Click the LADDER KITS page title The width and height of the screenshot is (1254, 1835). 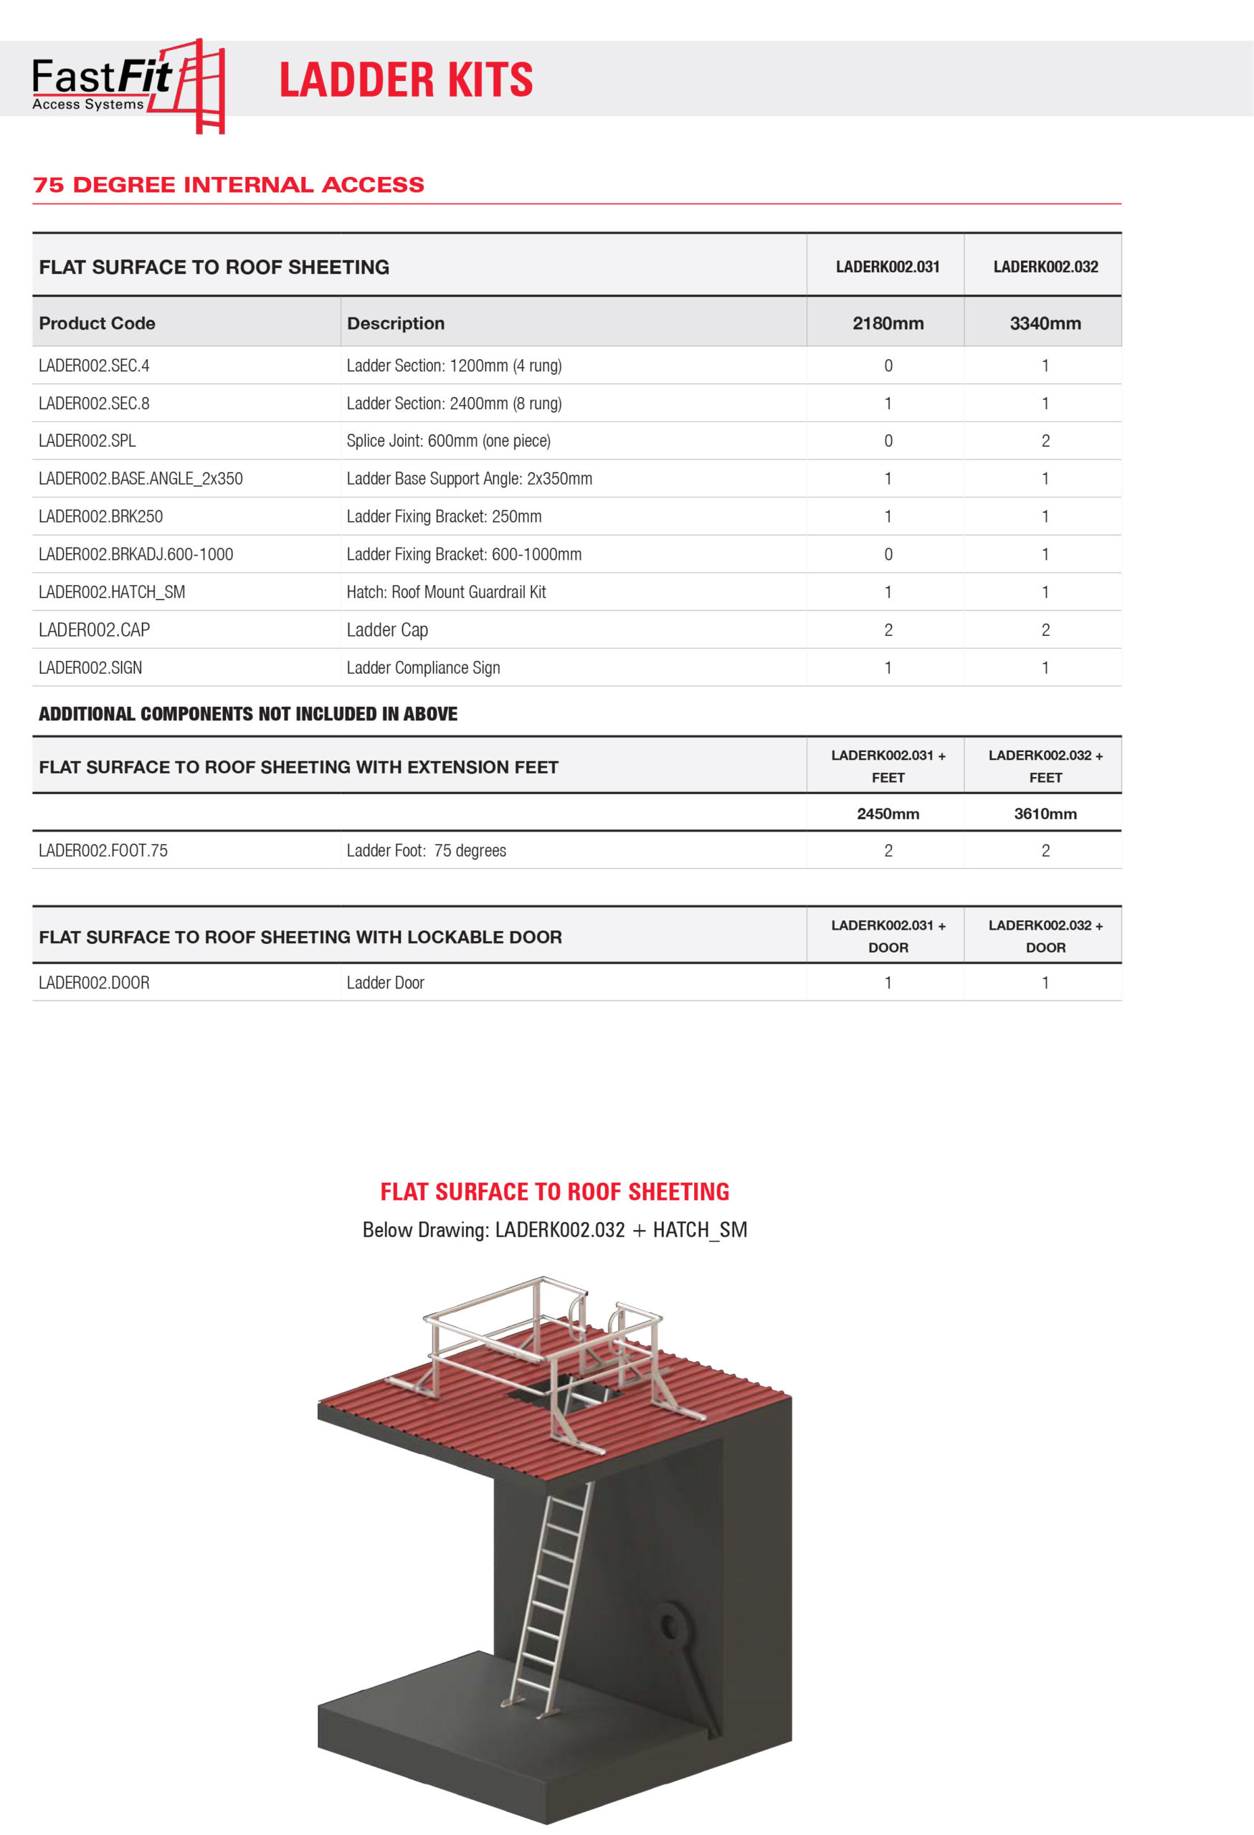tap(406, 80)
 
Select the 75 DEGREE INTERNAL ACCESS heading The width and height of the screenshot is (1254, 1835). tap(228, 185)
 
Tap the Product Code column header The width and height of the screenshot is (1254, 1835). tap(97, 323)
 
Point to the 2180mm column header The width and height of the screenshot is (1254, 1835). tap(888, 323)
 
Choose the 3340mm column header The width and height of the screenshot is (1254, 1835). tap(1045, 323)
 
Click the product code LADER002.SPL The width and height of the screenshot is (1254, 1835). tap(87, 441)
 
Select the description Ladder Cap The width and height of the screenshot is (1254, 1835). tap(387, 630)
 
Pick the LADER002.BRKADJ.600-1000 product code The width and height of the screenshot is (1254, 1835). tap(136, 554)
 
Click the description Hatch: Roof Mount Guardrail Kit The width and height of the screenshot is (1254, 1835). tap(446, 592)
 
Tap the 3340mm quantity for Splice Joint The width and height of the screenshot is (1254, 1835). tap(1045, 441)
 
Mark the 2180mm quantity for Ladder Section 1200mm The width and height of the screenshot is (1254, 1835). tap(888, 366)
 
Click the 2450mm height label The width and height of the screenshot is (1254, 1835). tap(888, 814)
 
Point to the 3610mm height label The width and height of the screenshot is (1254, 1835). tap(1045, 814)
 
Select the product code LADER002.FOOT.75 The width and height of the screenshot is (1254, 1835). tap(103, 850)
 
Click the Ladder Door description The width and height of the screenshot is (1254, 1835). tap(385, 983)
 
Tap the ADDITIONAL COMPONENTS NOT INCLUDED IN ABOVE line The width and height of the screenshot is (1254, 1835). tap(248, 714)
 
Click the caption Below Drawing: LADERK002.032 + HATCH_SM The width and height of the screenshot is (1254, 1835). tap(554, 1229)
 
